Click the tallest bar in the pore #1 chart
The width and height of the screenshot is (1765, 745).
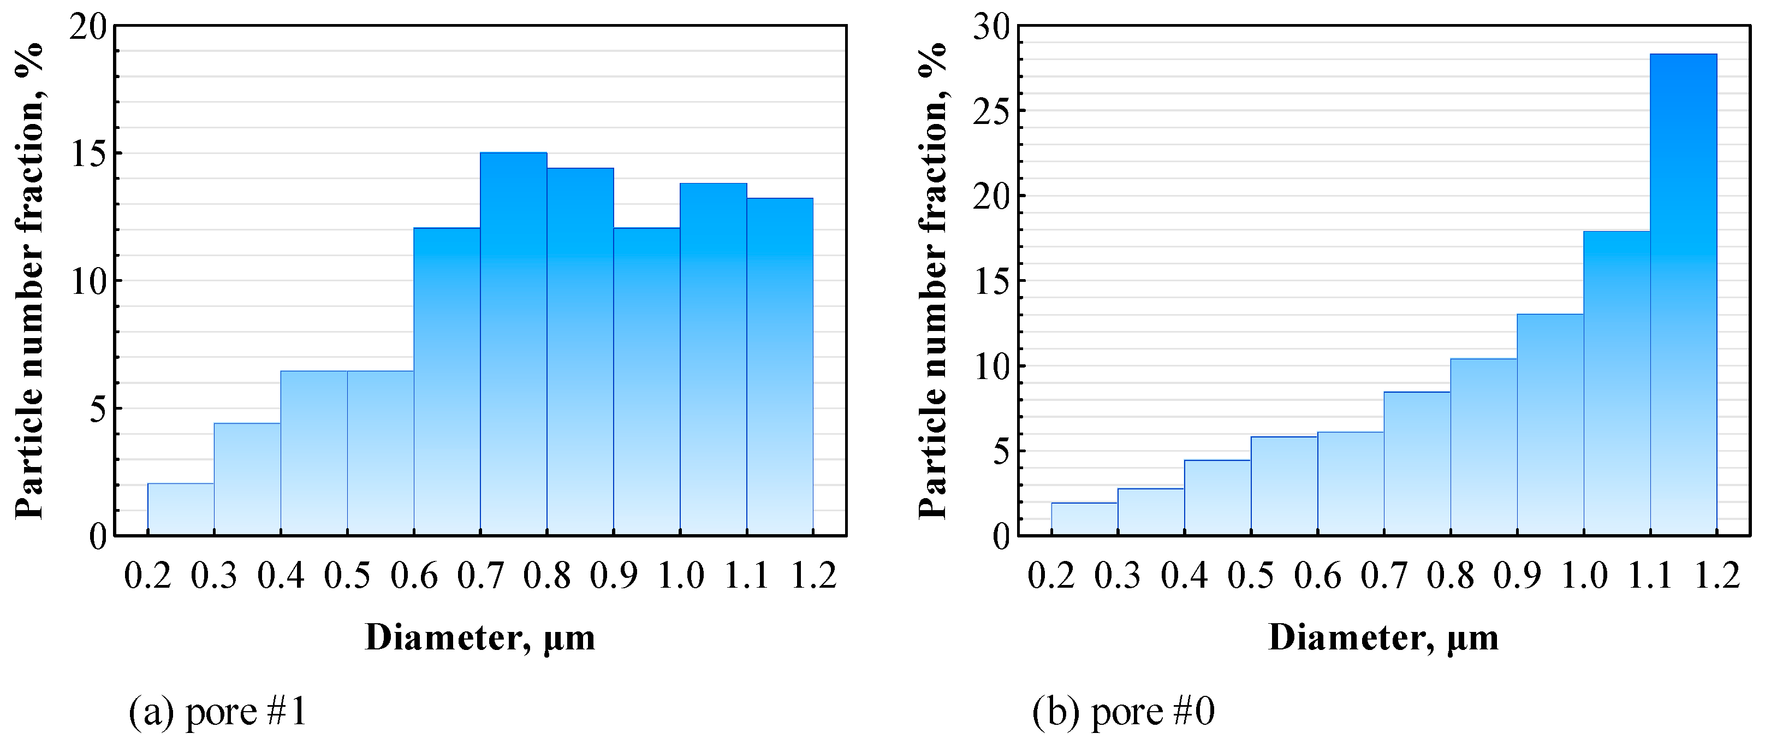513,342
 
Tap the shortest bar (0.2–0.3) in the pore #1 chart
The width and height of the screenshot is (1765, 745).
180,509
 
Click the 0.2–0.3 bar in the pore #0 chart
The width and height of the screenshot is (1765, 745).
1084,519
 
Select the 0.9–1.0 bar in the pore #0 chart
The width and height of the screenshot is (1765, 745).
1550,424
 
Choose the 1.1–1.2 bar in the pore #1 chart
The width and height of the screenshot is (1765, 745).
780,366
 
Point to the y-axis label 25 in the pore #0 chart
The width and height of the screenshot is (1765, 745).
991,112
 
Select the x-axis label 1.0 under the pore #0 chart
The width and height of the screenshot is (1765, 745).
1583,575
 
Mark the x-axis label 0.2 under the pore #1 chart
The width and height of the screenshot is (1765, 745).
147,575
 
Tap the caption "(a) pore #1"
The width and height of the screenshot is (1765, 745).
218,713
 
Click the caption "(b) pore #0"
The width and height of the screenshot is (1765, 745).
1123,713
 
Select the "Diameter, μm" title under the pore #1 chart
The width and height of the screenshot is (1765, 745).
480,637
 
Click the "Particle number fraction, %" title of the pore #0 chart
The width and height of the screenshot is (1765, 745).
932,281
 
